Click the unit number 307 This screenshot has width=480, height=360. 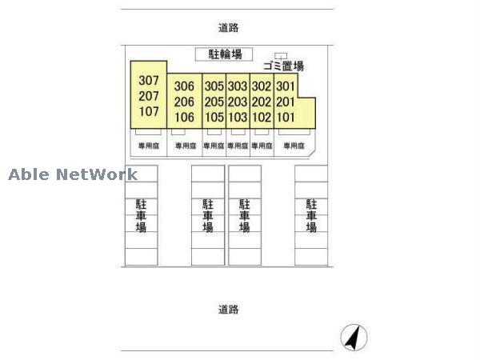click(150, 80)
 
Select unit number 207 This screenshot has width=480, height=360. click(150, 95)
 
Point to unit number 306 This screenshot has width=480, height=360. click(184, 86)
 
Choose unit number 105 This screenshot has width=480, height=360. click(214, 117)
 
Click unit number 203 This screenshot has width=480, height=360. click(238, 102)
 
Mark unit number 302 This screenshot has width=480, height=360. click(262, 86)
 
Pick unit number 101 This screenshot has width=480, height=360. click(286, 117)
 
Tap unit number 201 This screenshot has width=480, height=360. click(286, 102)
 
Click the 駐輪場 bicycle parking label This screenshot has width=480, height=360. click(224, 54)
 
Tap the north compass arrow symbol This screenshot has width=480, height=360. click(352, 337)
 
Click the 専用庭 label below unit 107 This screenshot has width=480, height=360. click(149, 146)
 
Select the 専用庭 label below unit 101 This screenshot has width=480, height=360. click(293, 146)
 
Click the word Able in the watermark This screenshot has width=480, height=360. click(29, 174)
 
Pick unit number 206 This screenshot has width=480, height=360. click(184, 102)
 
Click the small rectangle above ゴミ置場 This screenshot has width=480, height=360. click(281, 55)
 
